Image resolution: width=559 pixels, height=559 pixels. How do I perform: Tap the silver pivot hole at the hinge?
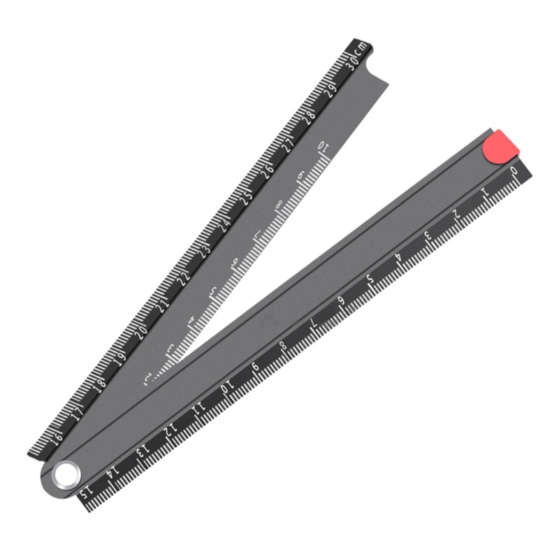pos(67,474)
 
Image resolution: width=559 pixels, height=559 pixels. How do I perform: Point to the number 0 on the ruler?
pos(515,171)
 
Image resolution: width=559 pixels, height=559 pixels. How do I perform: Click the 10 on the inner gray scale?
pos(323,147)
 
